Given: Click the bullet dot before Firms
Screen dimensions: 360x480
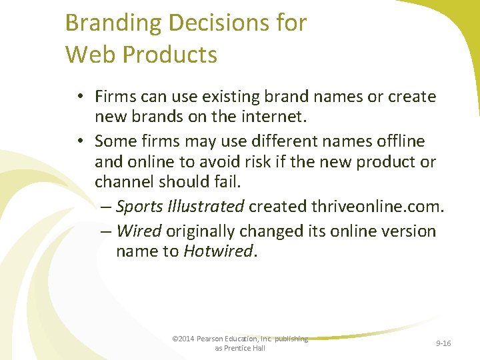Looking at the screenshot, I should coord(79,97).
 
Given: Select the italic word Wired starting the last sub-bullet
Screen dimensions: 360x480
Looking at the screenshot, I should coord(139,231).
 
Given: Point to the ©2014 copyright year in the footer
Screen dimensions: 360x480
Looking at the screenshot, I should coord(182,339).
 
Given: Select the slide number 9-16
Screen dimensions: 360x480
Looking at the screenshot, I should coord(443,343).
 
